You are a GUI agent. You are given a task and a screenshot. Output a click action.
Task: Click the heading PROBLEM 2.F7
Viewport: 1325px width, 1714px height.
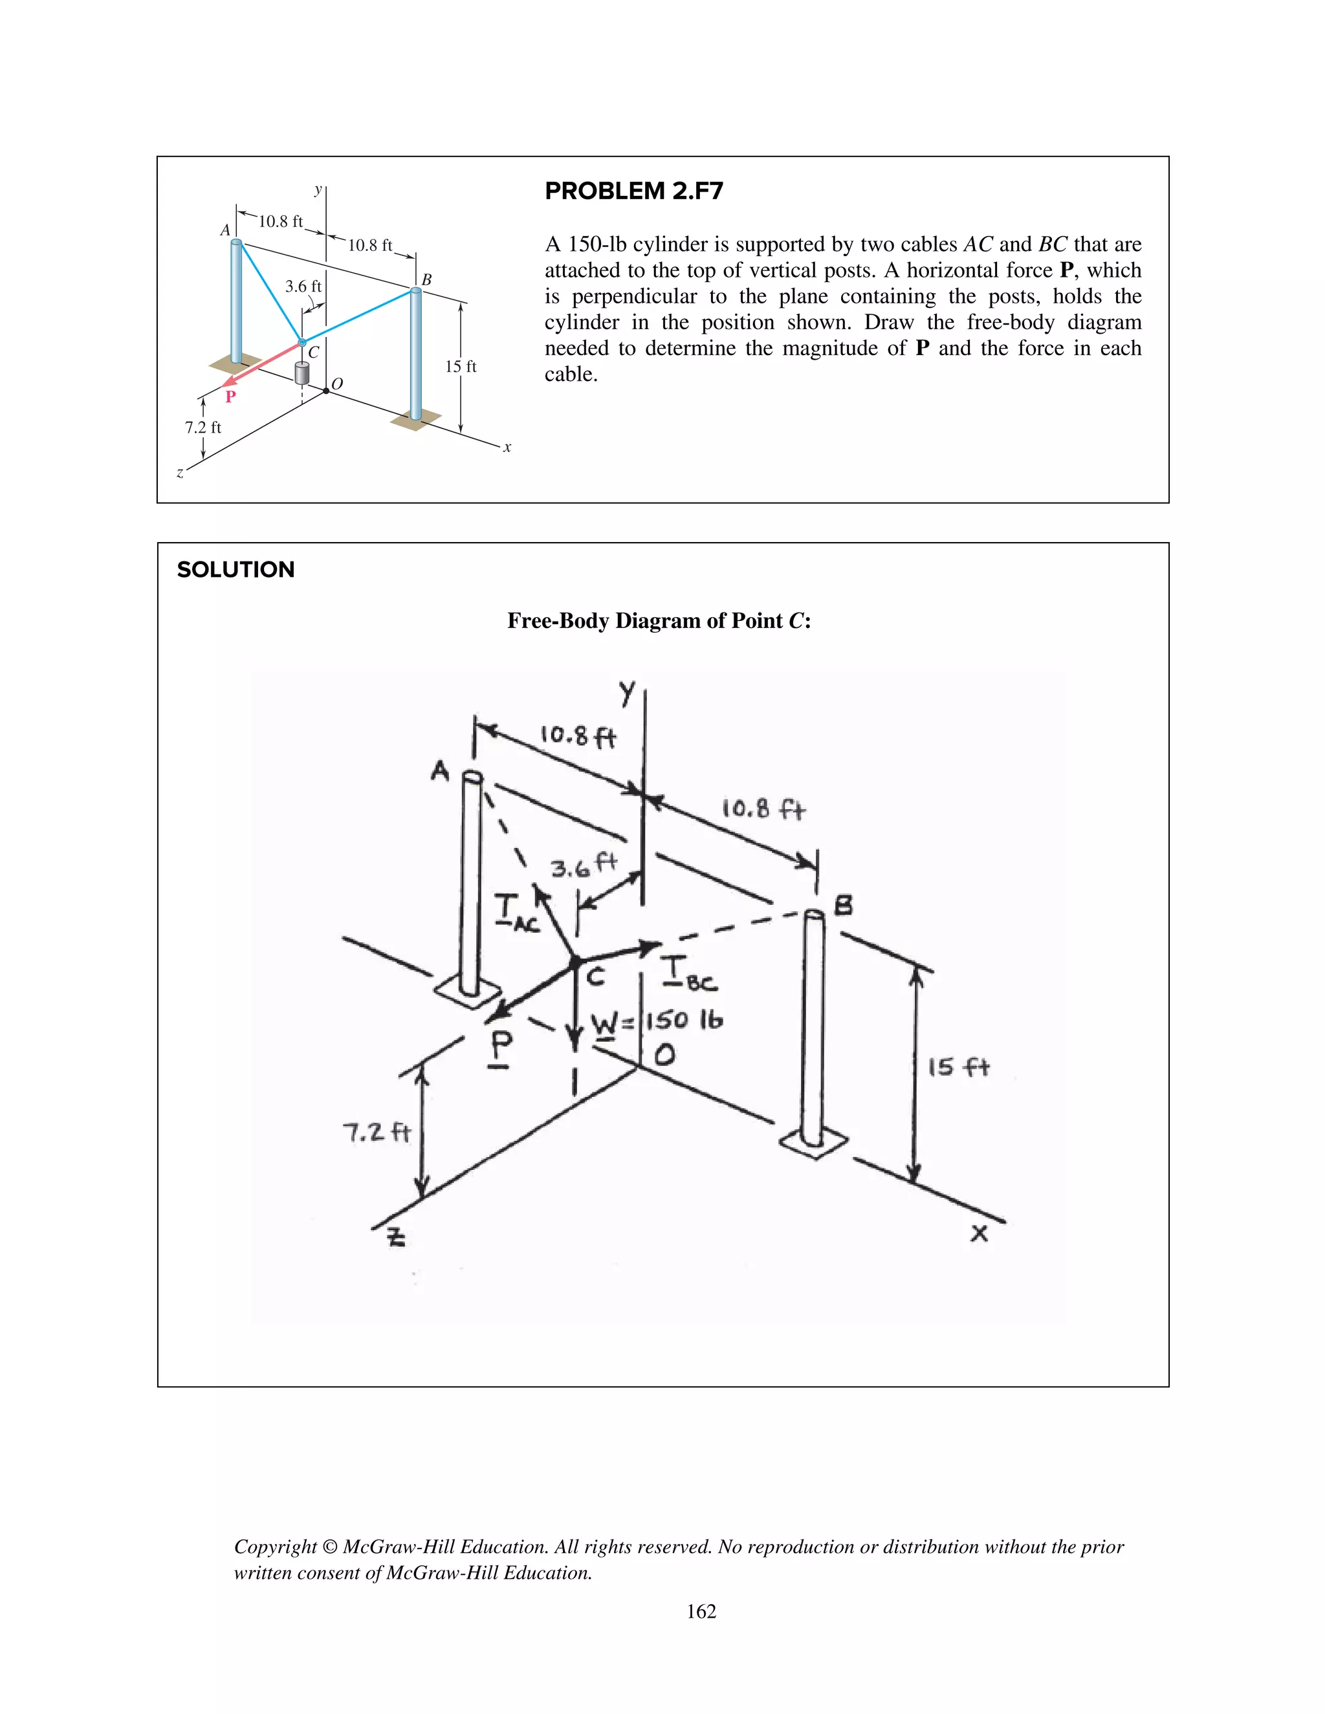tap(633, 191)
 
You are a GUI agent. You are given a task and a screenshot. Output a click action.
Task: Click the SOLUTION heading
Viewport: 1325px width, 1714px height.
tap(235, 570)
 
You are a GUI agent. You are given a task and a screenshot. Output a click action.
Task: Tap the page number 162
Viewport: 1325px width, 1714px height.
tap(701, 1611)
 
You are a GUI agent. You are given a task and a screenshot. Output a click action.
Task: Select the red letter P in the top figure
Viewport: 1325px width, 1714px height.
tap(230, 397)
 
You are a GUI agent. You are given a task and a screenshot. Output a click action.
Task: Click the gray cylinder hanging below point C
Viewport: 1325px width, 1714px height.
tap(301, 374)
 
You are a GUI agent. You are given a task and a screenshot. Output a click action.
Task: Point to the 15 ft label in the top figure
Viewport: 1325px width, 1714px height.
tap(461, 367)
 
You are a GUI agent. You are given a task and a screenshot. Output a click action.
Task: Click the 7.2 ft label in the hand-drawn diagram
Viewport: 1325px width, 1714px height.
tap(377, 1133)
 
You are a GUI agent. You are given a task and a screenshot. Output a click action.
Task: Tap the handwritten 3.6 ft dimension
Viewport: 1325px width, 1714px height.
tap(583, 865)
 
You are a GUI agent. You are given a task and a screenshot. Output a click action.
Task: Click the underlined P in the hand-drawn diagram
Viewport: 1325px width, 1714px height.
tap(501, 1048)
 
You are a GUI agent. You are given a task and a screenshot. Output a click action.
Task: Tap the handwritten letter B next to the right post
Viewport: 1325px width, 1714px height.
tap(842, 906)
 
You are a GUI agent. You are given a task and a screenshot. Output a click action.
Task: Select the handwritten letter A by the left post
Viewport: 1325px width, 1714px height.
tap(441, 772)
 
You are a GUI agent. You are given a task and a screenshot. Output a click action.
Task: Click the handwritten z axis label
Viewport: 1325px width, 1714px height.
tap(397, 1237)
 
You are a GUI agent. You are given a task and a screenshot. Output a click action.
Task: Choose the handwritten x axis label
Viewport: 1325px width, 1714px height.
tap(979, 1233)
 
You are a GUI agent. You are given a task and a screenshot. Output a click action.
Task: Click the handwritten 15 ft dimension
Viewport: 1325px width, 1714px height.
tap(958, 1067)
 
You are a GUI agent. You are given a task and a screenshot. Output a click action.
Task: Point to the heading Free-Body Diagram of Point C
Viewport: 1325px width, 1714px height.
tap(659, 621)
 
